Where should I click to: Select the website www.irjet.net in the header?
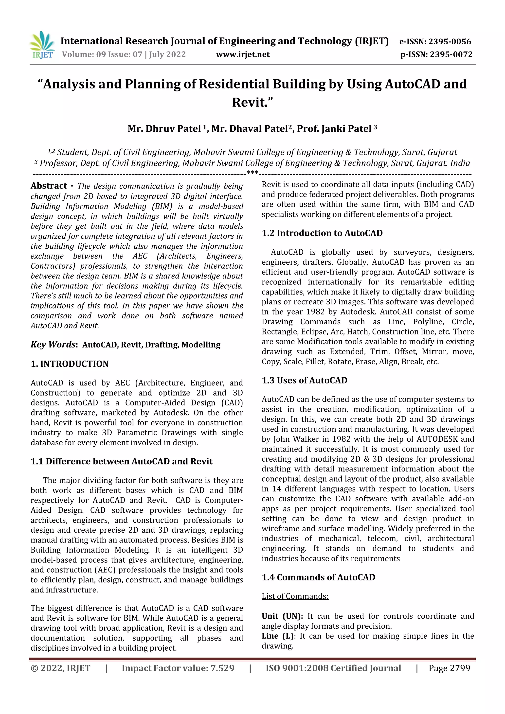243,54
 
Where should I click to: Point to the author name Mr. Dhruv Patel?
164,129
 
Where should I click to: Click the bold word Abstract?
49,186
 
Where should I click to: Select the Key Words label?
53,345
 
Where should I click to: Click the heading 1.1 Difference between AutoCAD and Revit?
122,461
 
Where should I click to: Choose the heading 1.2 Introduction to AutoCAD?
322,233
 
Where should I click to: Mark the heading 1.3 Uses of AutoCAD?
304,381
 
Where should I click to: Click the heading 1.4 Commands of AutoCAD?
318,577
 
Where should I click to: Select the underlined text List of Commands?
295,596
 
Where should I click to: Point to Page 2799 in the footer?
449,668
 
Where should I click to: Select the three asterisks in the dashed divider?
252,173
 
